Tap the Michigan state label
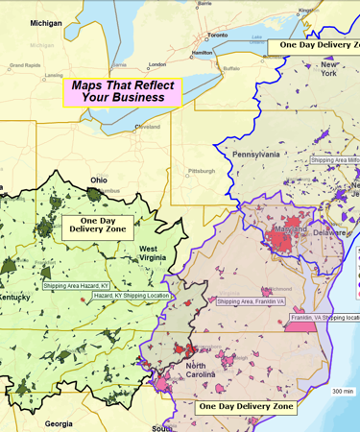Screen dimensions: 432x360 pos(45,22)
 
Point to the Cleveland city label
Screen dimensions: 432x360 pos(148,127)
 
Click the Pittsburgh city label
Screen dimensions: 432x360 pos(203,170)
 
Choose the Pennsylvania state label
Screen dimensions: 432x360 pos(255,154)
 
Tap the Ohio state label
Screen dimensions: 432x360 pos(99,180)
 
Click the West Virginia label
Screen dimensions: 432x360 pos(142,253)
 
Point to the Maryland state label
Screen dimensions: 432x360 pos(270,230)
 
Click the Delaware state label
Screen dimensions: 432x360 pos(329,232)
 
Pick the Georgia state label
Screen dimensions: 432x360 pos(58,423)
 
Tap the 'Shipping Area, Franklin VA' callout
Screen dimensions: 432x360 pos(252,301)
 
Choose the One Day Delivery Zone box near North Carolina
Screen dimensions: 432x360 pos(245,407)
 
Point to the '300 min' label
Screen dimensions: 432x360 pos(343,392)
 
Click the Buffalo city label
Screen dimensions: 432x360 pos(231,69)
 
